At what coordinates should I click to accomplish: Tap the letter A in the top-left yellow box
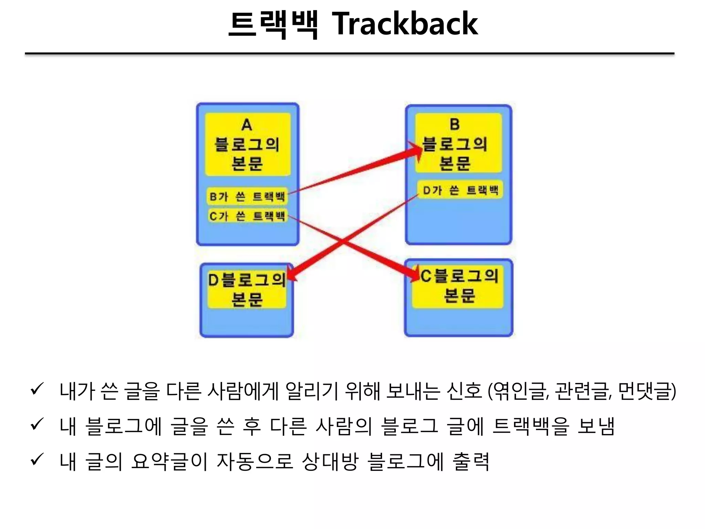click(246, 125)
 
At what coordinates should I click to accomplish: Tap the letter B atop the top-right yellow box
click(454, 124)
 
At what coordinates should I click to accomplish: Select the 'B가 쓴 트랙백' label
click(247, 197)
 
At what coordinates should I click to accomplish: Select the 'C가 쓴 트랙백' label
click(247, 216)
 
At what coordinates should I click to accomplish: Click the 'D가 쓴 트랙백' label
click(460, 190)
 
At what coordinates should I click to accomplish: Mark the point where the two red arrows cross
click(343, 241)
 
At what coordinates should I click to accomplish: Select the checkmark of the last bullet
click(37, 459)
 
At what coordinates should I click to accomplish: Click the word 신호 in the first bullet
click(464, 391)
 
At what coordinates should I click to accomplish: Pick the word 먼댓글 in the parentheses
click(644, 391)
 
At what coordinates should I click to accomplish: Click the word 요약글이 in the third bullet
click(169, 461)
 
